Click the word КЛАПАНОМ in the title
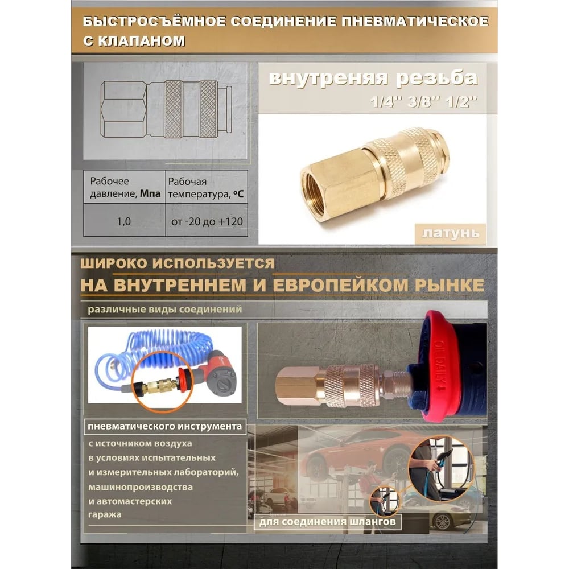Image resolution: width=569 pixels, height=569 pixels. [x=142, y=40]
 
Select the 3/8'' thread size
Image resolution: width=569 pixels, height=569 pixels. [x=422, y=102]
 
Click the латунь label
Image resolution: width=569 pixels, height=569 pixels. [x=450, y=233]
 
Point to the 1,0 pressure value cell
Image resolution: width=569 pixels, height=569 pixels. [x=124, y=221]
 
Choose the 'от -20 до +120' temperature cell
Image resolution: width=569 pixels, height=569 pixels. [x=207, y=221]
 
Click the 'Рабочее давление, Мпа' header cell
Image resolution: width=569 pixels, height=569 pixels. [x=125, y=187]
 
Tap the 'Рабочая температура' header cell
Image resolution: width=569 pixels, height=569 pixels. [x=207, y=187]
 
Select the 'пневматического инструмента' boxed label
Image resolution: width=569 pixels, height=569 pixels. [x=165, y=426]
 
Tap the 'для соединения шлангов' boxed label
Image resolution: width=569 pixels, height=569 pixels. [x=327, y=522]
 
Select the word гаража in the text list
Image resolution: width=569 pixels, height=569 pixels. [x=105, y=514]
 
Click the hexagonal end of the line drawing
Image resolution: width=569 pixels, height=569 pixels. [x=123, y=109]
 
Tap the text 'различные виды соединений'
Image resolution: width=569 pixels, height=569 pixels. [x=165, y=310]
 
